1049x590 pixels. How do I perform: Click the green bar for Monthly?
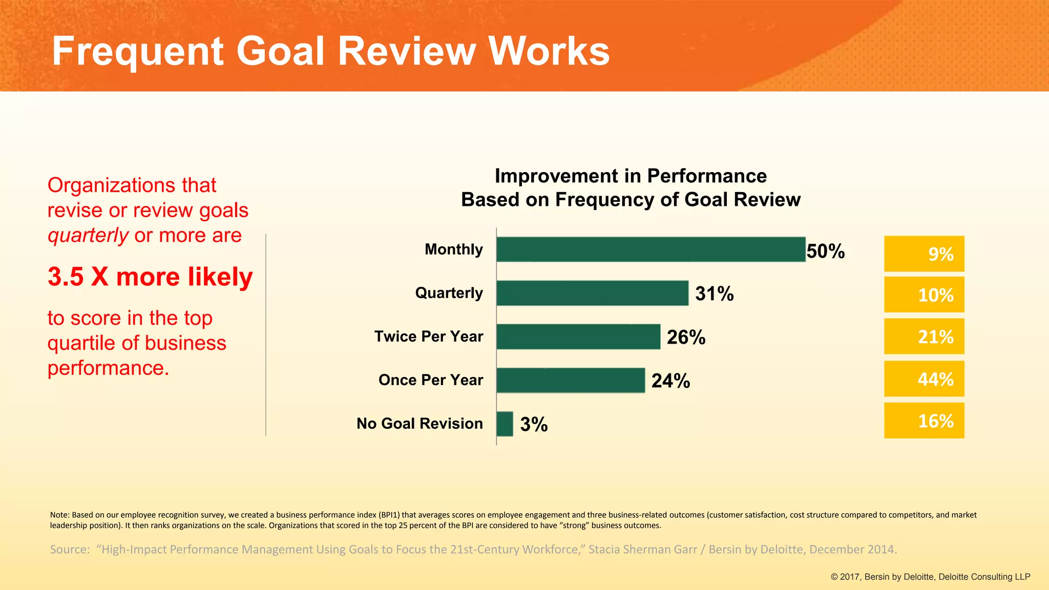(x=651, y=249)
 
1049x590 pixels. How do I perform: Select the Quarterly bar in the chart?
(x=592, y=293)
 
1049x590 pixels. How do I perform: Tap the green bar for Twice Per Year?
(x=578, y=336)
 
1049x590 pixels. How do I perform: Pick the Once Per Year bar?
(x=570, y=380)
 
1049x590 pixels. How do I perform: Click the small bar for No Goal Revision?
(x=505, y=424)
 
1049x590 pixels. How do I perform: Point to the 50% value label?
(x=825, y=251)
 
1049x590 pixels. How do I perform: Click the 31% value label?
(x=714, y=294)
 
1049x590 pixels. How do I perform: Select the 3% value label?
(x=534, y=425)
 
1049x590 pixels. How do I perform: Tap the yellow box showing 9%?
(x=924, y=254)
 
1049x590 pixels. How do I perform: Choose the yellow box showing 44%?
(x=924, y=379)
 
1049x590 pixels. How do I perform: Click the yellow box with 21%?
(x=924, y=336)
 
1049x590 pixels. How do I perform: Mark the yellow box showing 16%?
(x=924, y=420)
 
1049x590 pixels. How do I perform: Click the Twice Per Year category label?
(x=428, y=336)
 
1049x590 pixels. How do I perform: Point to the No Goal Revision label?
(x=419, y=424)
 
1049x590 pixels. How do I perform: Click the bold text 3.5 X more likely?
(x=150, y=277)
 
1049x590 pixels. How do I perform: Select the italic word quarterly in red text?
(x=88, y=236)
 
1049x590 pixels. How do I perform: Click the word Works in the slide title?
(x=549, y=51)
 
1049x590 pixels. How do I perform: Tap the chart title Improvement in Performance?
(x=631, y=176)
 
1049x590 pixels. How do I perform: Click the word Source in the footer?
(x=68, y=550)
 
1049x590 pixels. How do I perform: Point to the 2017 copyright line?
(x=930, y=577)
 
